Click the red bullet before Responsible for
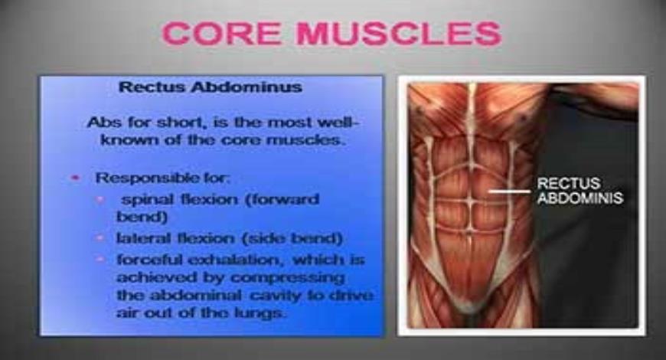(x=76, y=178)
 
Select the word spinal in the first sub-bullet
(x=146, y=199)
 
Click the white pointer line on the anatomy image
(x=510, y=191)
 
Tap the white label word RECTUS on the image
(x=567, y=184)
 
